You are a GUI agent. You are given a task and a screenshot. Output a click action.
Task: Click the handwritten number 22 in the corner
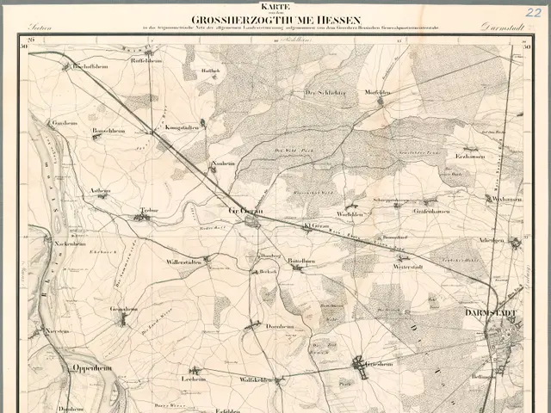click(533, 11)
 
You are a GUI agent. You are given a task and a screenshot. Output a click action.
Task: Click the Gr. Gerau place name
click(245, 209)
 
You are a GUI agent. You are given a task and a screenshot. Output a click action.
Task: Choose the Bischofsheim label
click(87, 66)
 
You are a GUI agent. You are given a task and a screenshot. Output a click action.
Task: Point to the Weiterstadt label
click(385, 267)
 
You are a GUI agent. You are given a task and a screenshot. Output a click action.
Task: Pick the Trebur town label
click(152, 210)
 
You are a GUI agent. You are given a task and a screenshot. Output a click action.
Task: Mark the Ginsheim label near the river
click(65, 123)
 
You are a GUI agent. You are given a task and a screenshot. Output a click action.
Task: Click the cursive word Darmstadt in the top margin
click(501, 28)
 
